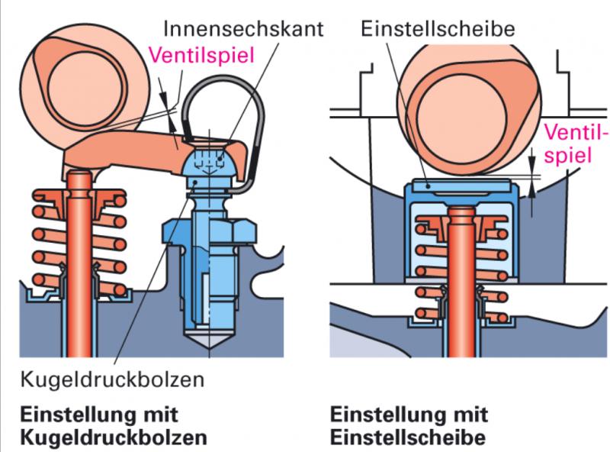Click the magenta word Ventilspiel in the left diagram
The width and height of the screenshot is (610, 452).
point(201,55)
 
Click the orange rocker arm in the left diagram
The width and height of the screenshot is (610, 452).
point(137,153)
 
